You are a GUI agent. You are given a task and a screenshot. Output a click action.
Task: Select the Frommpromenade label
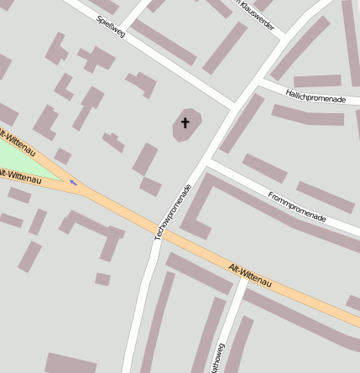pyautogui.click(x=296, y=206)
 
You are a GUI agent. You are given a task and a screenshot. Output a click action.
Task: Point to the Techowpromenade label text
pyautogui.click(x=173, y=213)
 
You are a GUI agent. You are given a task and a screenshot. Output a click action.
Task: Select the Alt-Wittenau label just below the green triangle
pyautogui.click(x=18, y=176)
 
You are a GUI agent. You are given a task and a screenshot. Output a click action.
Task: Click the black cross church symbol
pyautogui.click(x=185, y=123)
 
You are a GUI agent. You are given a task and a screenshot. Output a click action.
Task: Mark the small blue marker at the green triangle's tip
pyautogui.click(x=74, y=181)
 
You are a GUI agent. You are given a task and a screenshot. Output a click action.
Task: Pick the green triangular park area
pyautogui.click(x=25, y=160)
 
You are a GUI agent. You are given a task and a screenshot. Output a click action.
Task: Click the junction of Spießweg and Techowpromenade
pyautogui.click(x=233, y=105)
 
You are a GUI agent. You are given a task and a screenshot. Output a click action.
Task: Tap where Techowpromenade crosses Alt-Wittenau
pyautogui.click(x=161, y=236)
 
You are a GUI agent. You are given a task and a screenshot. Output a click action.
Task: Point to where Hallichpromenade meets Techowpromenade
pyautogui.click(x=257, y=84)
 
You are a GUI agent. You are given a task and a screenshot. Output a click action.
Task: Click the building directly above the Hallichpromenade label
pyautogui.click(x=316, y=80)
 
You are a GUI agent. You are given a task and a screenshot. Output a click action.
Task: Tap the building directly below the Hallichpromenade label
pyautogui.click(x=307, y=115)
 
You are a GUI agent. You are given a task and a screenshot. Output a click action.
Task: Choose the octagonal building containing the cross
pyautogui.click(x=187, y=126)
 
